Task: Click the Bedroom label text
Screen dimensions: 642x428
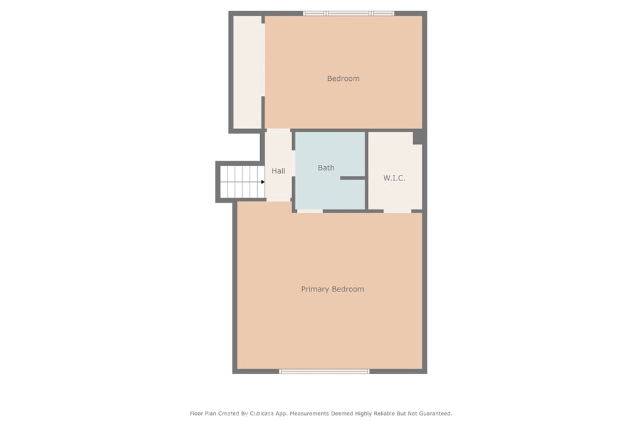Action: coord(343,78)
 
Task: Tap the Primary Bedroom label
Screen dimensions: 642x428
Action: coord(332,290)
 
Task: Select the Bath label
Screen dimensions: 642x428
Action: coord(326,168)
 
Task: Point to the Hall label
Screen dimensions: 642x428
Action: coord(278,171)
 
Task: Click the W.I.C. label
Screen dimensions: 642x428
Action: coord(394,178)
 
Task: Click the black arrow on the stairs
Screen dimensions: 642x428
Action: coord(263,182)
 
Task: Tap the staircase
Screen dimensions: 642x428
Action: coord(242,182)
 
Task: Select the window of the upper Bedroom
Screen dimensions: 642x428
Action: coord(349,14)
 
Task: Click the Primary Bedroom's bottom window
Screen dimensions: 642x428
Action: coord(324,372)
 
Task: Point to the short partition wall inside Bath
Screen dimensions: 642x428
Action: coord(352,178)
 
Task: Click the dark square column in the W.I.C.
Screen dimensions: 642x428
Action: coord(418,138)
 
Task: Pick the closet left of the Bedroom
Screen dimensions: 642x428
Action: coord(247,72)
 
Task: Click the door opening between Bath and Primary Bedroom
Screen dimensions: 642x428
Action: coord(310,211)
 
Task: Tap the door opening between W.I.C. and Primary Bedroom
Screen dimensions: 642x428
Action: coord(397,211)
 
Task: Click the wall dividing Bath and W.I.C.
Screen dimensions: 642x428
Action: coord(367,170)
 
